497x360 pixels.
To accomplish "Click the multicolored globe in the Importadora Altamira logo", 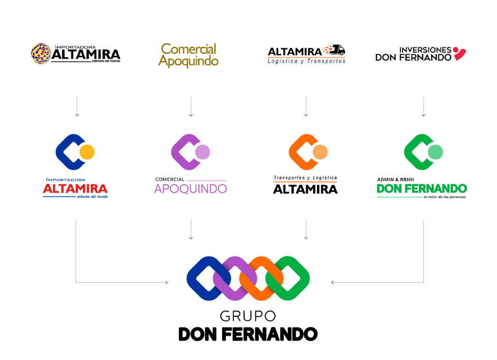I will click(41, 53).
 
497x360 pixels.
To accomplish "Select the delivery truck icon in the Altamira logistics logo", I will click(337, 50).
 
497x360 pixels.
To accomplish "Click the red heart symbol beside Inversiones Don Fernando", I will click(459, 53).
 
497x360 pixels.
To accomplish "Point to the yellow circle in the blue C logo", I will click(86, 152).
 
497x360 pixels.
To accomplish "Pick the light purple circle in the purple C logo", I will click(202, 152).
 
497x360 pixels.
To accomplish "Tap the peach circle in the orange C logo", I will click(320, 152).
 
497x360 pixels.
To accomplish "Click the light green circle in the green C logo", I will click(435, 152).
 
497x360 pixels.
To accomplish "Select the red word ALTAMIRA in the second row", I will click(75, 189).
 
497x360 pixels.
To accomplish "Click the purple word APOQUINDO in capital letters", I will click(190, 189).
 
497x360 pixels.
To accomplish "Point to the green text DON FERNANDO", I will click(421, 189).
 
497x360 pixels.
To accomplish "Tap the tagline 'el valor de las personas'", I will click(444, 197).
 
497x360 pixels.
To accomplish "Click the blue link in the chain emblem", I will click(203, 278).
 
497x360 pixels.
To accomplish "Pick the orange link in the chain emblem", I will click(258, 278).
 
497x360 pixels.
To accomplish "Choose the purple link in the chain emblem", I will click(231, 278).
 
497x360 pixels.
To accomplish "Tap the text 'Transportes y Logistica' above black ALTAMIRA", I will click(305, 178).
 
